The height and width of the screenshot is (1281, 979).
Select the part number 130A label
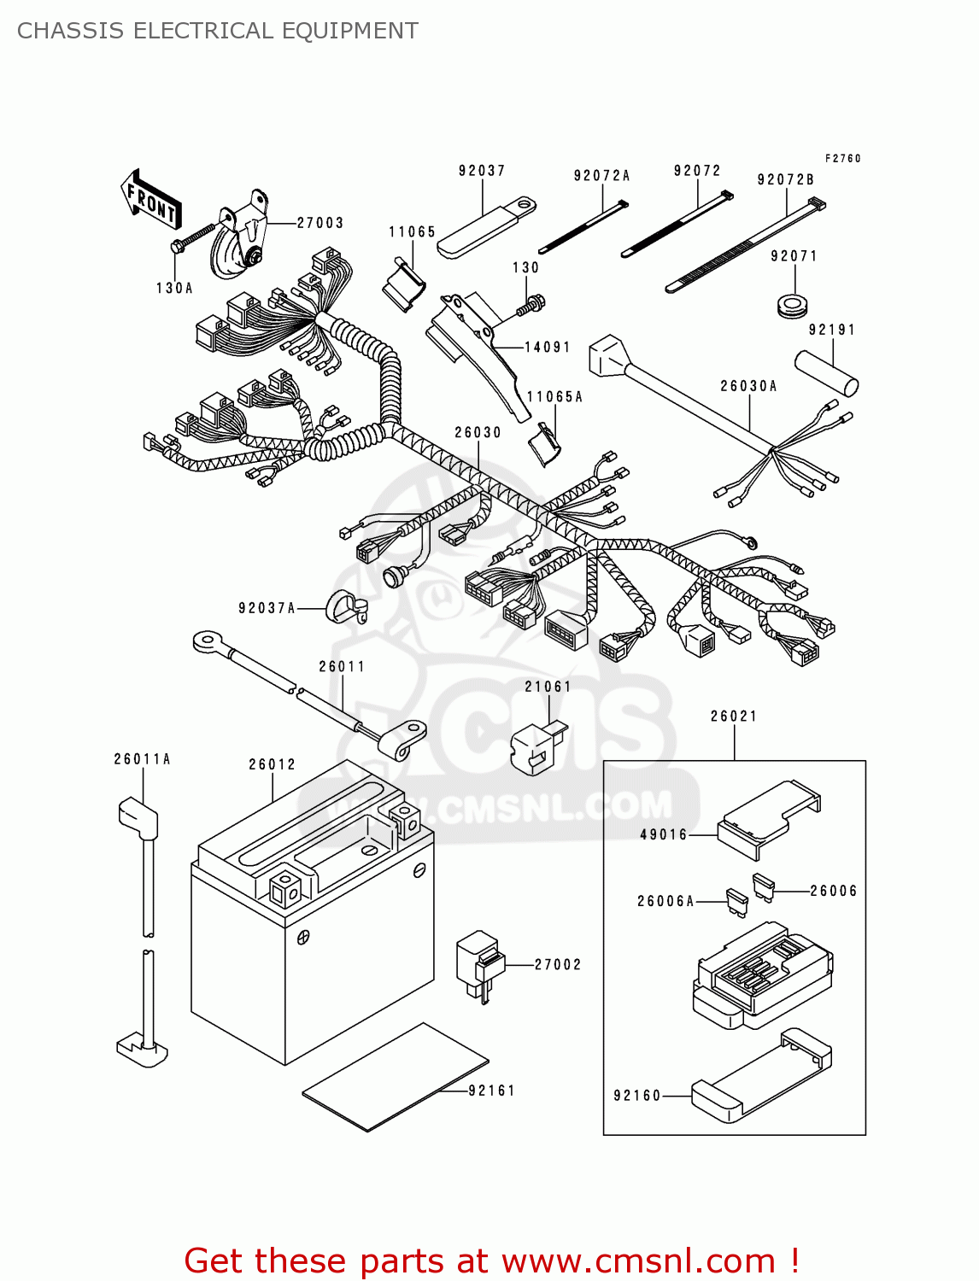174,289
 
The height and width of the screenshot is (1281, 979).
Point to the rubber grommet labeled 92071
794,304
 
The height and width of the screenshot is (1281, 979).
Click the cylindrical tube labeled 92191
827,372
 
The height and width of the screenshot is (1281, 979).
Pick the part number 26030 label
478,433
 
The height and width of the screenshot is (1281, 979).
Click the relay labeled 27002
479,962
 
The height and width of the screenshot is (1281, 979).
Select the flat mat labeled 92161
395,1078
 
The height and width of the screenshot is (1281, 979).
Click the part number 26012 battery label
272,764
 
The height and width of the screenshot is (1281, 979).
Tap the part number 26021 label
734,717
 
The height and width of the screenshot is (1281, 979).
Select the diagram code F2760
842,158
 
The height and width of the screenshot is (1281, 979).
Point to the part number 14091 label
547,348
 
